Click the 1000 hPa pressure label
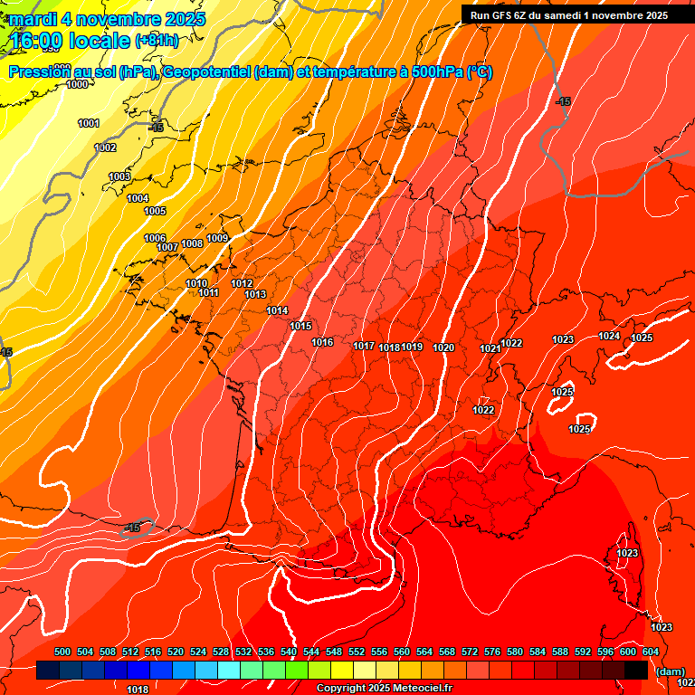point(78,84)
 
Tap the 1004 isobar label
point(138,198)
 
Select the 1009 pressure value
point(217,238)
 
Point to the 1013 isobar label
point(255,294)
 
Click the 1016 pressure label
point(322,342)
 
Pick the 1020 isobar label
point(443,347)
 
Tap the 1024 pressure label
point(610,336)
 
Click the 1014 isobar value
point(277,310)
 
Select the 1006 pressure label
point(155,238)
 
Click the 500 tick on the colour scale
point(62,652)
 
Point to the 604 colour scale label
point(651,652)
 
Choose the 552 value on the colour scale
point(357,652)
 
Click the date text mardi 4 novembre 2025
point(108,19)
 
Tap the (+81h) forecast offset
point(157,41)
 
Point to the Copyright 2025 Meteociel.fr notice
point(384,688)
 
